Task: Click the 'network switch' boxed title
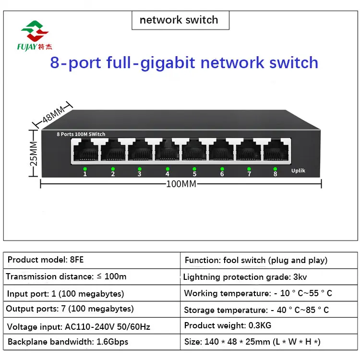pyautogui.click(x=179, y=20)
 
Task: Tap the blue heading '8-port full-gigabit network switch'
pyautogui.click(x=184, y=62)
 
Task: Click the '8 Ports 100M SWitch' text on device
pyautogui.click(x=81, y=134)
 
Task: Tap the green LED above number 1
pyautogui.click(x=85, y=168)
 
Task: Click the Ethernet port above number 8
pyautogui.click(x=275, y=151)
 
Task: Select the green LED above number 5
pyautogui.click(x=194, y=168)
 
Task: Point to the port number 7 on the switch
pyautogui.click(x=249, y=174)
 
